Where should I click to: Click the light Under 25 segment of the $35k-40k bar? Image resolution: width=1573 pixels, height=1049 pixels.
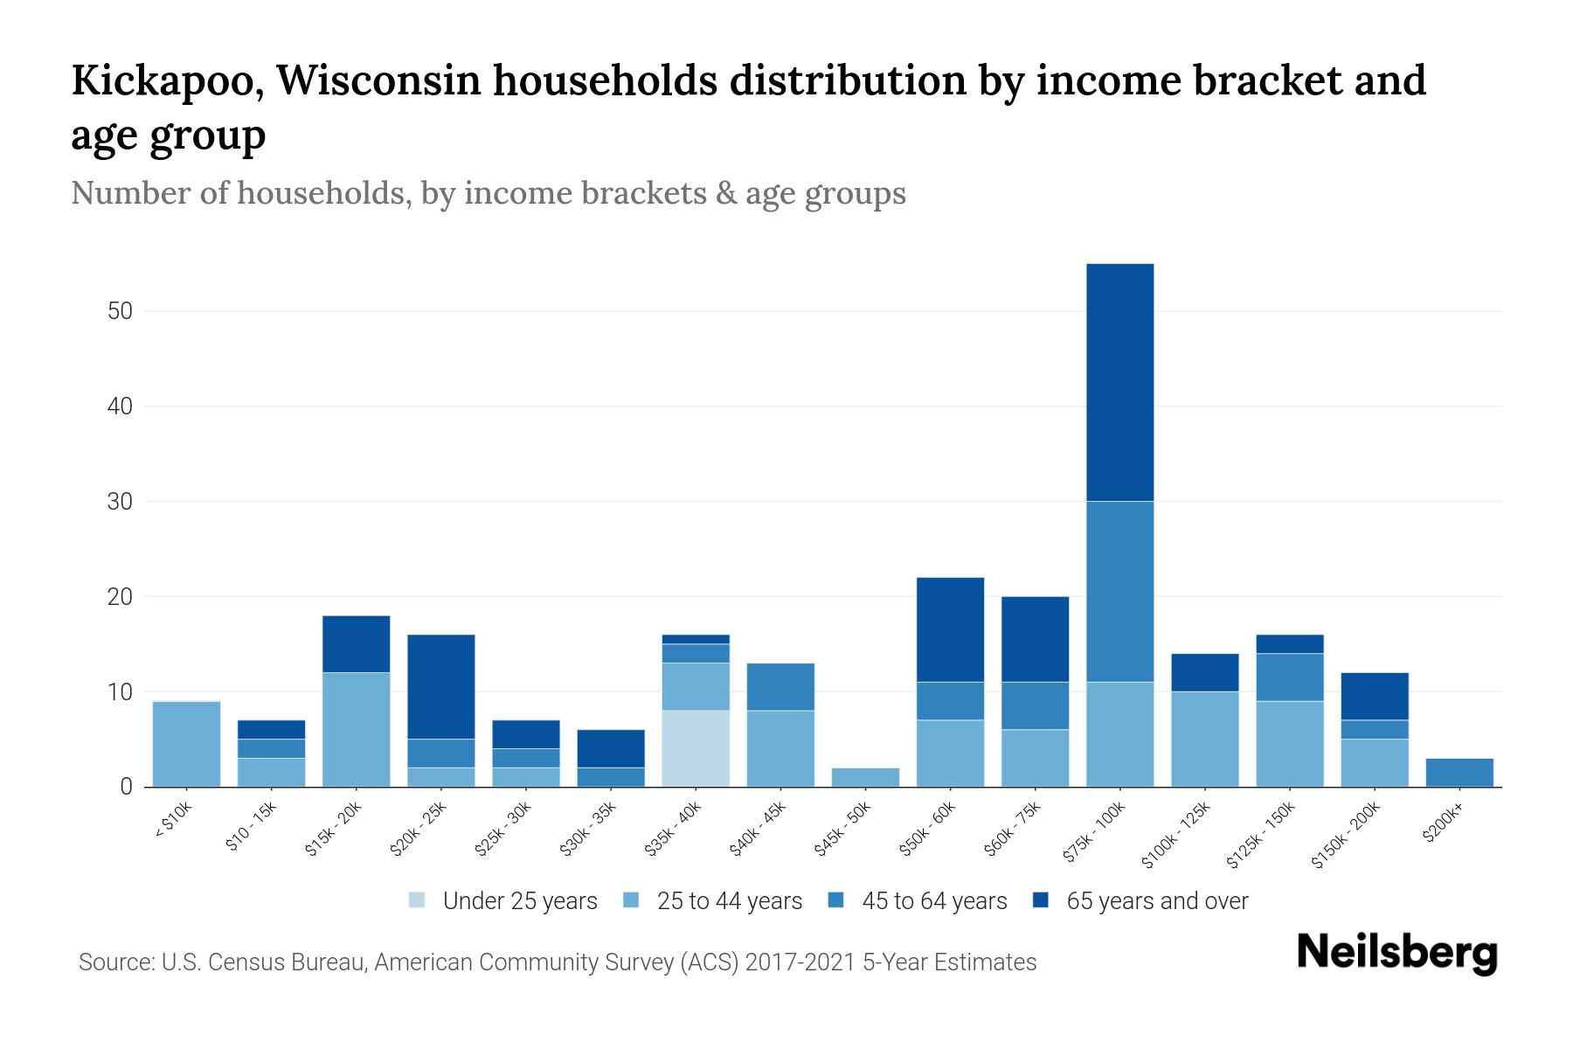point(696,748)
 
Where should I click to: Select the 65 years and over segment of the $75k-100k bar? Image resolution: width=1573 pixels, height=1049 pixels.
point(1119,382)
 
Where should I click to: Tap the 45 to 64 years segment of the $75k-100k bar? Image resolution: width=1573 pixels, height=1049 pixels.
point(1119,591)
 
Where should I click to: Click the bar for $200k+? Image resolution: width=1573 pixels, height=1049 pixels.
point(1459,773)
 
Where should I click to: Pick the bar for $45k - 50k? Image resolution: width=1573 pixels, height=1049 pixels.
point(865,777)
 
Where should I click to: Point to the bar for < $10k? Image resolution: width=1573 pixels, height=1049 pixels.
point(186,744)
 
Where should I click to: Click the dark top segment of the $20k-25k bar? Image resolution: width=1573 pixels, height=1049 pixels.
point(441,686)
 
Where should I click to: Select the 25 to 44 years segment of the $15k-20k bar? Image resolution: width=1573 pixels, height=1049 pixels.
point(356,729)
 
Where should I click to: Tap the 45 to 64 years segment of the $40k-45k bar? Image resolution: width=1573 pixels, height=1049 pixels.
point(780,686)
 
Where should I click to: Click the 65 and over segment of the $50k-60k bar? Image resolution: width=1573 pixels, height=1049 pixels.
point(950,629)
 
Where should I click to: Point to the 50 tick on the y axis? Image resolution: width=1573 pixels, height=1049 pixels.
point(120,311)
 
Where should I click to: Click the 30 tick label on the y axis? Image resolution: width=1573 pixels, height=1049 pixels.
point(120,502)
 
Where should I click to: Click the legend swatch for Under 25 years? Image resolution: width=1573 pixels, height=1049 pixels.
point(418,900)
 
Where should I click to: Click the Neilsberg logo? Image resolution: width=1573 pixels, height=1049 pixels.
point(1396,952)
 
